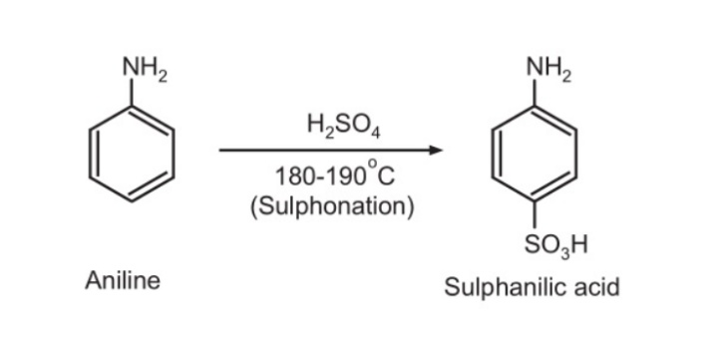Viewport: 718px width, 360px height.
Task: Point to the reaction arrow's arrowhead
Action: [x=435, y=152]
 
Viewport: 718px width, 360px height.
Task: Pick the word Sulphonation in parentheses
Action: [x=329, y=206]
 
